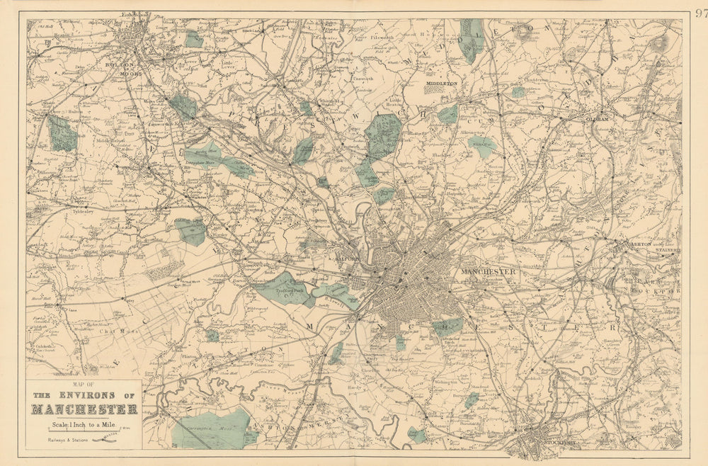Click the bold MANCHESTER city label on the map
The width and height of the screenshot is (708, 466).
click(488, 271)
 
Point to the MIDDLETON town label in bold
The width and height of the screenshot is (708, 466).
click(441, 84)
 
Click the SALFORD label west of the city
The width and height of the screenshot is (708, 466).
click(348, 258)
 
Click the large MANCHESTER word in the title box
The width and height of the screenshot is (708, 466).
click(84, 409)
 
